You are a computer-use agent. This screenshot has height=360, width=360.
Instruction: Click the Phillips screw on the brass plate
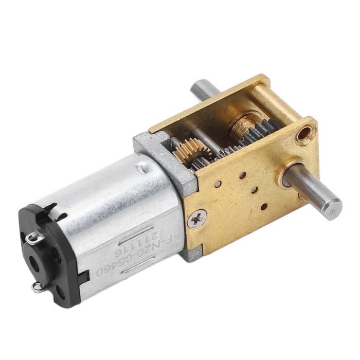pyautogui.click(x=196, y=220)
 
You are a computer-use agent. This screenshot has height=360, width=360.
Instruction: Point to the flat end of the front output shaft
pyautogui.click(x=334, y=208)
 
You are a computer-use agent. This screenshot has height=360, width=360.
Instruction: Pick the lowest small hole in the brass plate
pyautogui.click(x=263, y=207)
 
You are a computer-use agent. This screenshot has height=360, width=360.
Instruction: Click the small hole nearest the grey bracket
pyautogui.click(x=219, y=184)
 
